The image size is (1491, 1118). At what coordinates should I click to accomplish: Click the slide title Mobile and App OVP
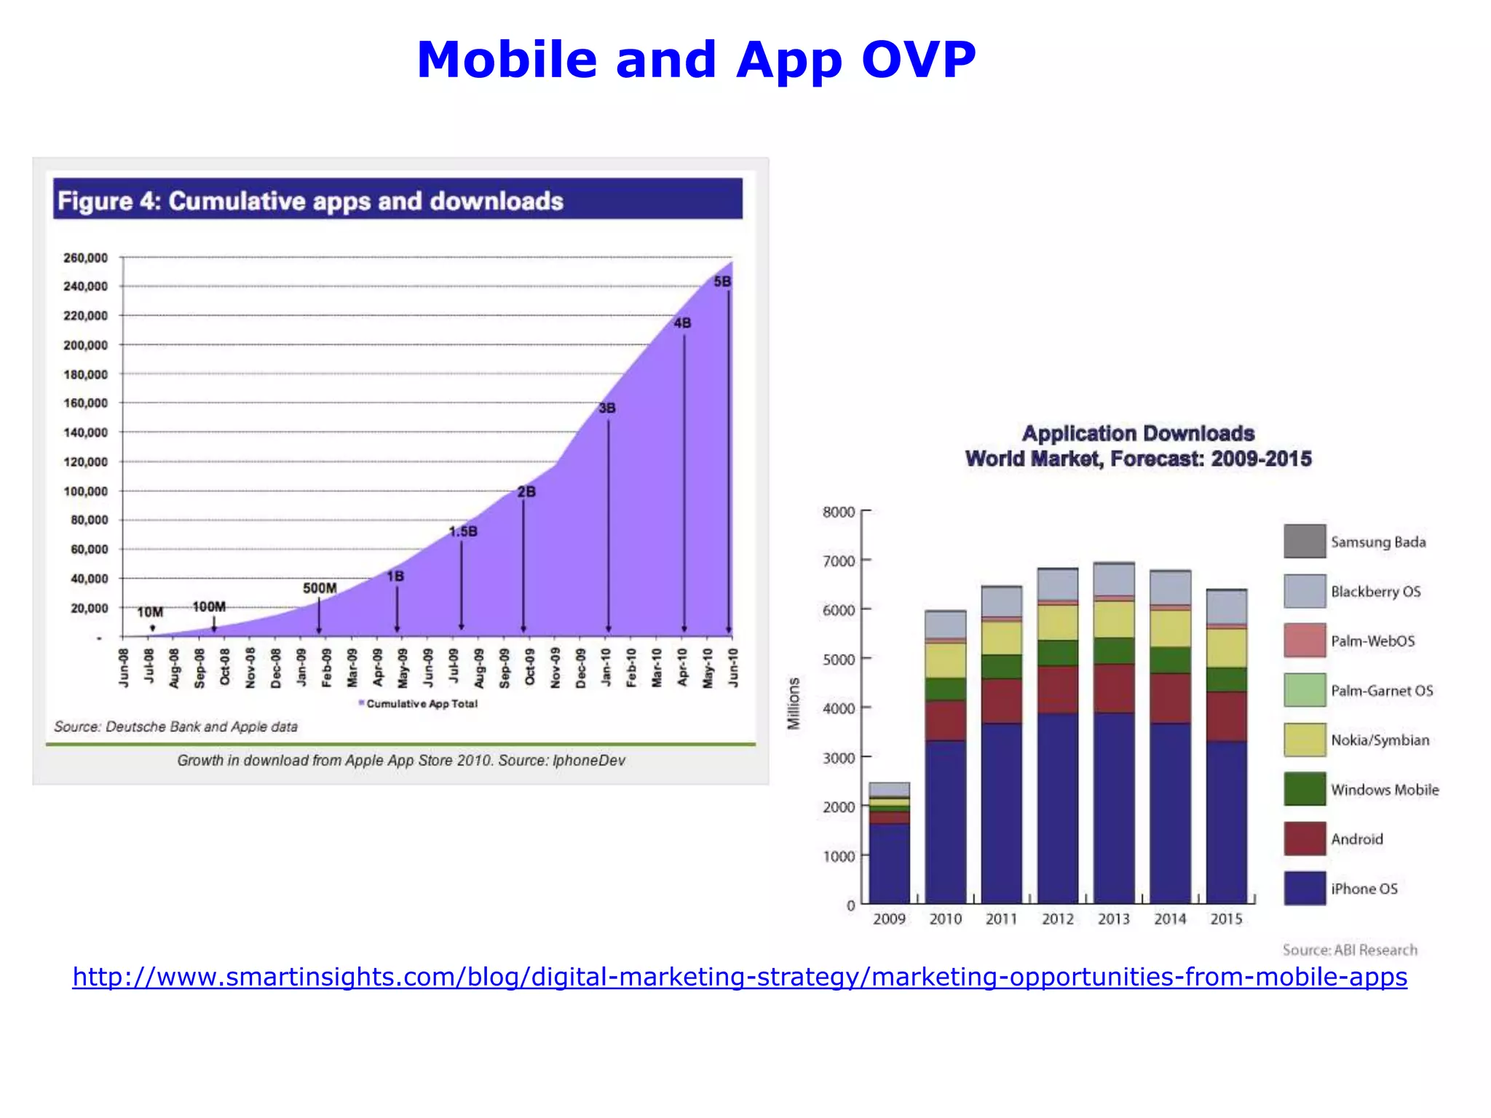coord(695,60)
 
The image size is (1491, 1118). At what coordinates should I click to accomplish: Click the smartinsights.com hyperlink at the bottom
coord(739,976)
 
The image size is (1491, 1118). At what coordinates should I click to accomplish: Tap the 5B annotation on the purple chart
coord(721,282)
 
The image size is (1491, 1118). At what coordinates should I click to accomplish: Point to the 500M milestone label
coord(320,588)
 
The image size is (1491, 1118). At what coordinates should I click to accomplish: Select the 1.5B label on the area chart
coord(463,531)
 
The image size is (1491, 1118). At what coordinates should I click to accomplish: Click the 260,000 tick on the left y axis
coord(85,258)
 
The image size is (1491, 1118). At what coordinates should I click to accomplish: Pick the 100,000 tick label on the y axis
coord(85,491)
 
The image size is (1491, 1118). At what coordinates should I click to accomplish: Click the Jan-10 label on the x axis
coord(606,667)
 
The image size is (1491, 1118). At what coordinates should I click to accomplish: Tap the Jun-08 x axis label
coord(124,667)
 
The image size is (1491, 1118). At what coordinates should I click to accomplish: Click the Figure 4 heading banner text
coord(310,201)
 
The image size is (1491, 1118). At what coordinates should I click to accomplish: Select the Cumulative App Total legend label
coord(422,704)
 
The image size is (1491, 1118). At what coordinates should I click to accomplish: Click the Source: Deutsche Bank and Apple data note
coord(175,726)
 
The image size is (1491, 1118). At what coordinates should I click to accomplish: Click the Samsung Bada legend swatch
coord(1304,542)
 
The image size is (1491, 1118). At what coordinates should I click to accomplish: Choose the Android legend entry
coord(1356,839)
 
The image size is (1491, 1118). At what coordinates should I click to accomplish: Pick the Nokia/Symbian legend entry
coord(1380,740)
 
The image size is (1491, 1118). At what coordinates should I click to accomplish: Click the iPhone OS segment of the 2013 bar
coord(1114,808)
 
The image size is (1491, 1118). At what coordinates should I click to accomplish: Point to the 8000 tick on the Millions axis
coord(839,512)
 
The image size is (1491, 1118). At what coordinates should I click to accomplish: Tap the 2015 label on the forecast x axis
coord(1226,919)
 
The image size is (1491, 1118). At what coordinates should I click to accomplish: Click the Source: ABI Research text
coord(1350,950)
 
